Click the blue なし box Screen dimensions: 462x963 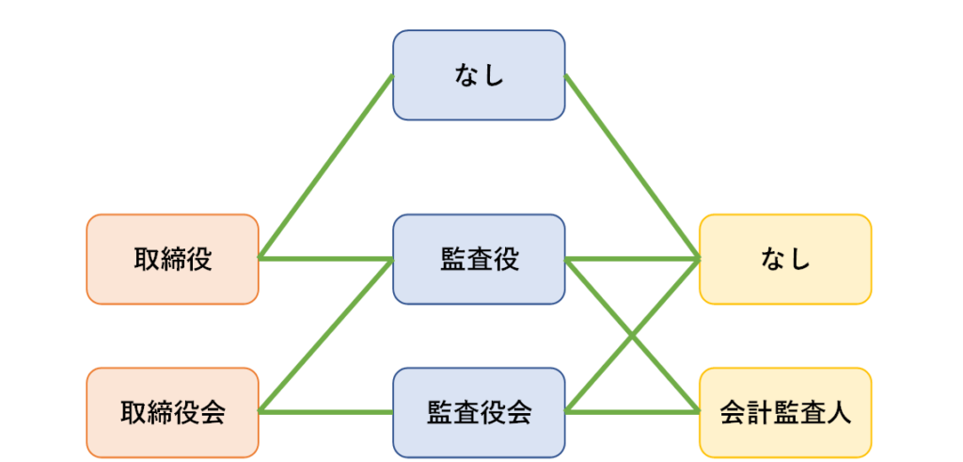click(479, 75)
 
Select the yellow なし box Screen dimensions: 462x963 click(785, 259)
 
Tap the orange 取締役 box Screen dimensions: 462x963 click(172, 259)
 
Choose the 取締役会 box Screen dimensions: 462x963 click(172, 412)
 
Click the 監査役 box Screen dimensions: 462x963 click(479, 259)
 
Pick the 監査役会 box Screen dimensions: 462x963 click(479, 412)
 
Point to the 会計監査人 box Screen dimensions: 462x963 click(785, 412)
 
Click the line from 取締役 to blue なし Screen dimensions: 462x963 click(325, 166)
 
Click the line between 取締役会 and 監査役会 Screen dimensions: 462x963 click(325, 412)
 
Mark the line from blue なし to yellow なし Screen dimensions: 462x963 click(632, 167)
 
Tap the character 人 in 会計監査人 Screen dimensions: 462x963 click(841, 412)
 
